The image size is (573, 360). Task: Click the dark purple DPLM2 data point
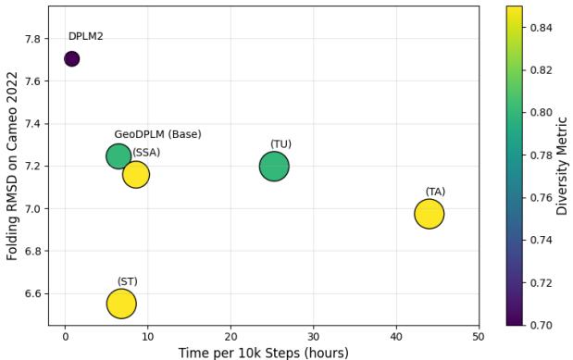pyautogui.click(x=71, y=59)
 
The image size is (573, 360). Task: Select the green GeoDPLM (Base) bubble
pyautogui.click(x=118, y=155)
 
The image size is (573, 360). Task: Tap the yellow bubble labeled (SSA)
pyautogui.click(x=136, y=174)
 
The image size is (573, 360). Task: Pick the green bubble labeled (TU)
pyautogui.click(x=274, y=167)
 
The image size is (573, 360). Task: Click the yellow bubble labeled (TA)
pyautogui.click(x=429, y=214)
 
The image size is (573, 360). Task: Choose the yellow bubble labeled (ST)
pyautogui.click(x=121, y=304)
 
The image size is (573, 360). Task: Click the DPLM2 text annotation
pyautogui.click(x=85, y=36)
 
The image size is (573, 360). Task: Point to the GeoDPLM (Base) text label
pyautogui.click(x=157, y=134)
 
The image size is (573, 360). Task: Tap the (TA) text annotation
pyautogui.click(x=435, y=192)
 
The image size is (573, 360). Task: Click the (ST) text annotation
pyautogui.click(x=127, y=281)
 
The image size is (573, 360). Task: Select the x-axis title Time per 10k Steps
pyautogui.click(x=264, y=353)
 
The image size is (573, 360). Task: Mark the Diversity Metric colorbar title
pyautogui.click(x=563, y=166)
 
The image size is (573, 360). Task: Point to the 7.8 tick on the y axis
pyautogui.click(x=32, y=39)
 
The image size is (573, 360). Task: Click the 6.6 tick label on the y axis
pyautogui.click(x=32, y=293)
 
